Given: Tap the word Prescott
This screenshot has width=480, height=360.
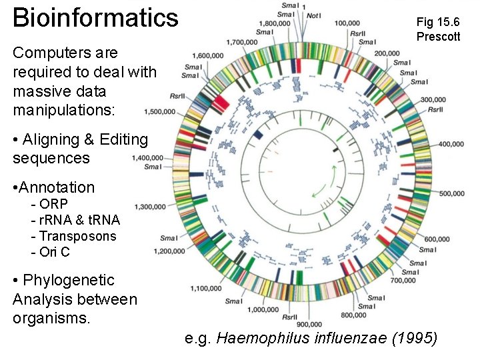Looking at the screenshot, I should coord(438,37).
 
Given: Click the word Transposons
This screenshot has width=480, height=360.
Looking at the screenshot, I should coord(77,236).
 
